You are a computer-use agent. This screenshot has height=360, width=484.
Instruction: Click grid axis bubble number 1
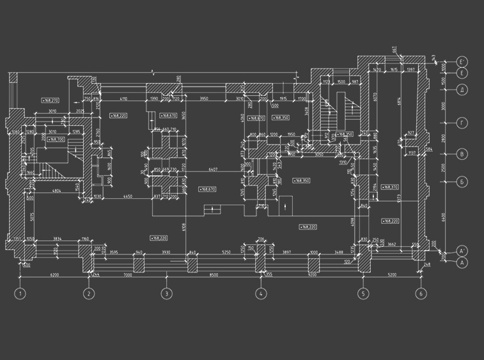point(20,294)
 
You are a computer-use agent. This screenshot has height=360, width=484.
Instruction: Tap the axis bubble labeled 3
point(166,294)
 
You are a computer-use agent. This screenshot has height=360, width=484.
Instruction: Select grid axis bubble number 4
point(261,294)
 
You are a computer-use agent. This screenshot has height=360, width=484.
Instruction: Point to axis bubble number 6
point(421,294)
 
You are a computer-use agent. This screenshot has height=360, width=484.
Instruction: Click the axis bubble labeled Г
point(463,121)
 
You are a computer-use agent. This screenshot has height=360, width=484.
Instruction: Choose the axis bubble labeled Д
point(463,90)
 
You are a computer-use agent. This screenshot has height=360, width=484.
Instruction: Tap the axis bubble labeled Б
point(463,182)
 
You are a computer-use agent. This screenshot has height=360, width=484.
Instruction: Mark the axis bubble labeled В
point(463,153)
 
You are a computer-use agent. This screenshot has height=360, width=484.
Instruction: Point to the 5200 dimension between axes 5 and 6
point(391,274)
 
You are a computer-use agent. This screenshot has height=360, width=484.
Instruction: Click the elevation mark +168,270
point(50,100)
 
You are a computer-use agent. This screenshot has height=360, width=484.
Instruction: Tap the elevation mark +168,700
point(56,139)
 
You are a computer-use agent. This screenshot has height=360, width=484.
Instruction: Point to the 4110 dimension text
point(123,98)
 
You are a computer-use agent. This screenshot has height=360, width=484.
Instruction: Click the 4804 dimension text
point(56,191)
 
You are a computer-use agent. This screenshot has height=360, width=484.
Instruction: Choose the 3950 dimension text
point(204,98)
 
